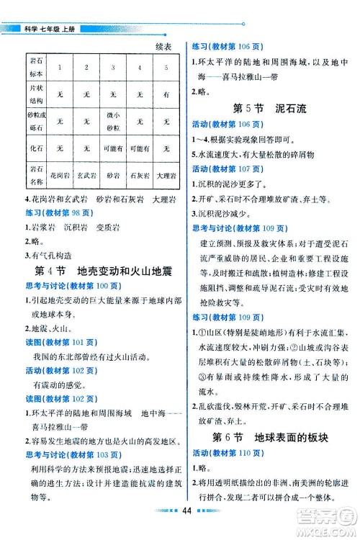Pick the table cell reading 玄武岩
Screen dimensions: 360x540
pos(86,175)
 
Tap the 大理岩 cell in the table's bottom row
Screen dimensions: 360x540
pos(166,175)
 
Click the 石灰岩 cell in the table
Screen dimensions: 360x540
pos(140,175)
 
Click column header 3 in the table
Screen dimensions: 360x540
pos(113,67)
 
